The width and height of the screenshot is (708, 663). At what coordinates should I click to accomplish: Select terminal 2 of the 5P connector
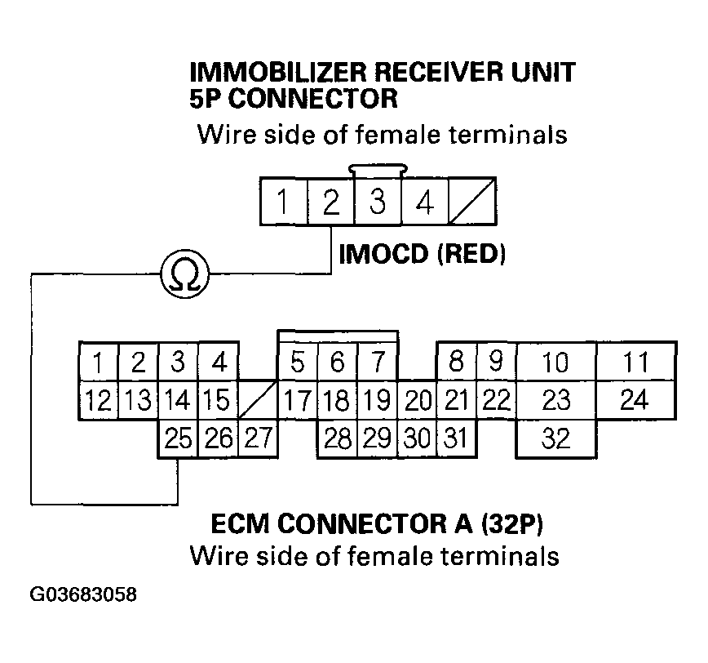(x=330, y=202)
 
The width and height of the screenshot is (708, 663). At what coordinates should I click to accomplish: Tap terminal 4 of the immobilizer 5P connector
(x=425, y=202)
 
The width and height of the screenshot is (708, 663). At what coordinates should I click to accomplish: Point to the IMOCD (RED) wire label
(x=422, y=255)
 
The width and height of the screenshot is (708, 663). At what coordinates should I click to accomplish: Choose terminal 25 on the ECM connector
(x=177, y=439)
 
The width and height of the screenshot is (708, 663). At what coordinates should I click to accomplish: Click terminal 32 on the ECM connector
(x=555, y=439)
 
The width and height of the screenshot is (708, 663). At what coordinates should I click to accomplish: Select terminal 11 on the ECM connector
(x=635, y=362)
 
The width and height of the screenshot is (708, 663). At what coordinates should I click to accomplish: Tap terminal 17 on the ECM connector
(x=297, y=401)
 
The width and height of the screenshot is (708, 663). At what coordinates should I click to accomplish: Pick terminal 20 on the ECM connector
(x=417, y=401)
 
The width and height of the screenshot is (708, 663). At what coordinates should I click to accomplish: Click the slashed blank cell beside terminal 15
(x=257, y=401)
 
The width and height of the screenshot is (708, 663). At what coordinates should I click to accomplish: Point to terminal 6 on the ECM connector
(x=337, y=362)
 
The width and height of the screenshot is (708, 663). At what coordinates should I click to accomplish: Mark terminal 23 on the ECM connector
(x=555, y=401)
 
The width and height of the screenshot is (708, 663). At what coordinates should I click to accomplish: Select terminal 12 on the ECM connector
(x=98, y=401)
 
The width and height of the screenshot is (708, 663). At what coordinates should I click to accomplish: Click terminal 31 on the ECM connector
(x=456, y=439)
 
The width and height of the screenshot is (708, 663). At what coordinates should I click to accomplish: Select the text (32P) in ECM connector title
(x=504, y=523)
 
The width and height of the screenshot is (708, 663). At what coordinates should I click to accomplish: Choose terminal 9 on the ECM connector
(x=496, y=362)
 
